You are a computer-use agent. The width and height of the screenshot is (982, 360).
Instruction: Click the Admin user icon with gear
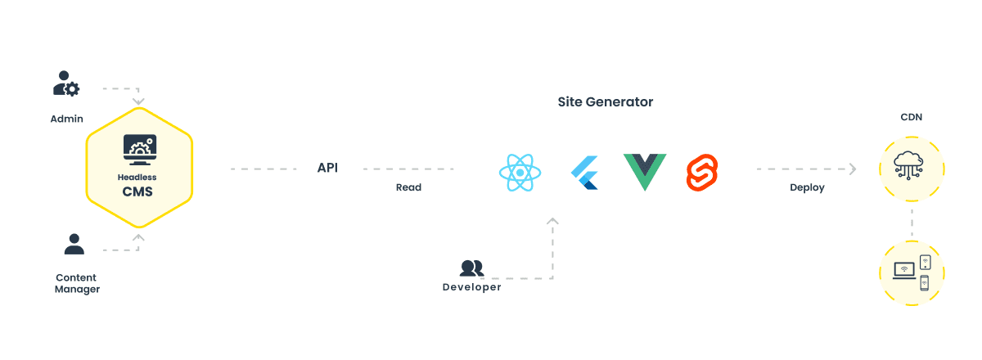tap(66, 84)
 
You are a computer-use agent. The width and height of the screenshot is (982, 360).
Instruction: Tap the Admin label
tap(67, 119)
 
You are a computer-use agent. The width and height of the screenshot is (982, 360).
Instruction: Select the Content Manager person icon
tap(74, 244)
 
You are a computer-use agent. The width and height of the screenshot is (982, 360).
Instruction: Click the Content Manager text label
tap(77, 283)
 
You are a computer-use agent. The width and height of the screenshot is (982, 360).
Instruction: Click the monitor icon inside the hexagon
tap(139, 150)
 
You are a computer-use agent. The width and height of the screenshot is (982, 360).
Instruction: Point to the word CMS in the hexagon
tap(137, 192)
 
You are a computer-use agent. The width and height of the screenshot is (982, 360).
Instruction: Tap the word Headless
tap(137, 177)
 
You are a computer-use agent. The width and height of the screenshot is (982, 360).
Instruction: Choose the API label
tap(327, 168)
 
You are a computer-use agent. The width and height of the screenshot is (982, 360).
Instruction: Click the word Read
tap(408, 187)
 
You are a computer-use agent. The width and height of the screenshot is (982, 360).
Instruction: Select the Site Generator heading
tap(606, 101)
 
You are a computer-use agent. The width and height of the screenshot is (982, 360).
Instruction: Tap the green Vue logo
tap(645, 171)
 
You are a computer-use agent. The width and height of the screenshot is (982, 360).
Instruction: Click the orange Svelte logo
tap(702, 172)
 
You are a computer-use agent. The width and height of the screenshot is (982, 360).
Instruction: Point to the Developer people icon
tap(471, 268)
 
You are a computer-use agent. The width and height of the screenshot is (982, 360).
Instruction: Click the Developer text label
tap(472, 287)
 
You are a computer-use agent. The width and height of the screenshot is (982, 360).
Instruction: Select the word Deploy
tap(807, 187)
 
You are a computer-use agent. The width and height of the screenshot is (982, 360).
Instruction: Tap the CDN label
tap(912, 118)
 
